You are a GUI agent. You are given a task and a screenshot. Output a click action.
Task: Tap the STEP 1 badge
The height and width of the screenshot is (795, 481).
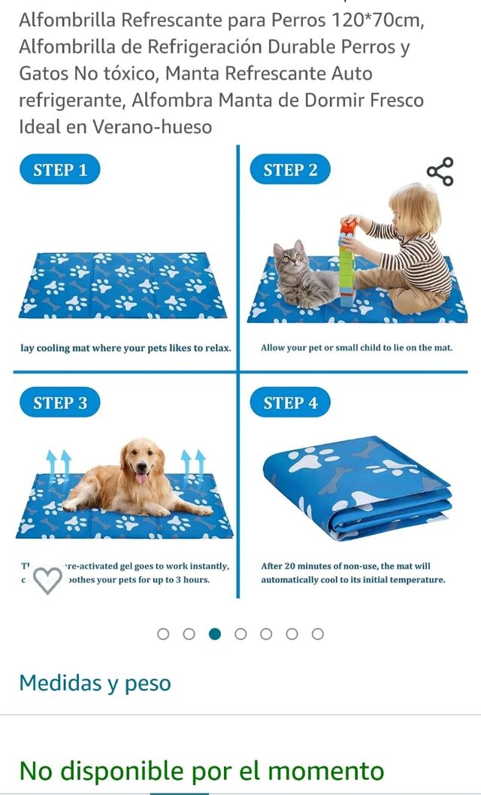(x=60, y=170)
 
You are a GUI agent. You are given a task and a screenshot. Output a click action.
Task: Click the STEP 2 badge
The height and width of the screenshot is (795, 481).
(x=290, y=170)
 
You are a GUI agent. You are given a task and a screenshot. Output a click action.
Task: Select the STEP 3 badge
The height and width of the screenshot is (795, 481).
(x=60, y=403)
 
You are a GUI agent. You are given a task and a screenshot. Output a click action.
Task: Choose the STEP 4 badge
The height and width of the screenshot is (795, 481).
(x=290, y=403)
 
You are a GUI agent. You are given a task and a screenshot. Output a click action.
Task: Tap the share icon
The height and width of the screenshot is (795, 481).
(x=440, y=171)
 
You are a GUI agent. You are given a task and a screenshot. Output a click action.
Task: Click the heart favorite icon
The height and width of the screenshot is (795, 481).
(x=48, y=579)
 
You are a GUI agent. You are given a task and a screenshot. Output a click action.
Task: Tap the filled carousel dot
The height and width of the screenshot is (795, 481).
(x=215, y=633)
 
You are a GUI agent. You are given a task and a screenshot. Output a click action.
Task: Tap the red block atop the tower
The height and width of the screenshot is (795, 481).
(x=347, y=227)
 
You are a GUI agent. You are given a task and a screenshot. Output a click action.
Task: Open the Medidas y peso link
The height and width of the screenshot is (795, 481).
(x=95, y=683)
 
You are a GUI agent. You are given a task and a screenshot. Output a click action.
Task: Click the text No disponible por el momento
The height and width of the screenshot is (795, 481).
(x=201, y=770)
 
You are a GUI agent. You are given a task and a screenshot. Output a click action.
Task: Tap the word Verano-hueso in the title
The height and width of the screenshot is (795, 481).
(x=152, y=126)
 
